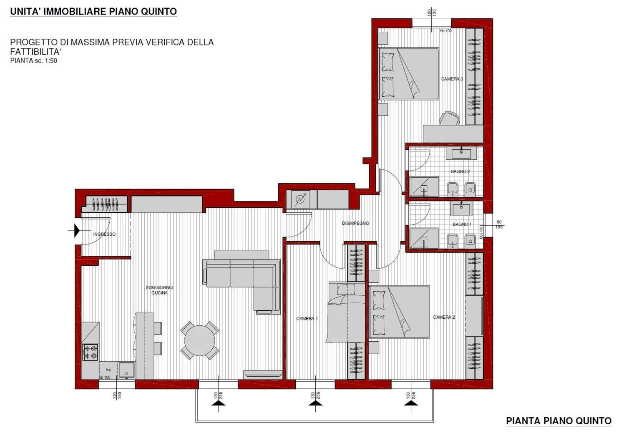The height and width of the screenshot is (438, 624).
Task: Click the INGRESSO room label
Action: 104,234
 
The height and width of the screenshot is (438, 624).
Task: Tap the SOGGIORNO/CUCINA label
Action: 159,290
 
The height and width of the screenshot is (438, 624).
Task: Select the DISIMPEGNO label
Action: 355,223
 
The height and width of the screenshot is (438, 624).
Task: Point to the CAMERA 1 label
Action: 307,318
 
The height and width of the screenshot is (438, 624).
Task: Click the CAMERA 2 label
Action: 444,317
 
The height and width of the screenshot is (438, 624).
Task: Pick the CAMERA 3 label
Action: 452,79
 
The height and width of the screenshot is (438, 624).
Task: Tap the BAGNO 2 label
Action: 460,171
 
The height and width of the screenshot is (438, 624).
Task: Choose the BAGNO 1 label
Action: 462,224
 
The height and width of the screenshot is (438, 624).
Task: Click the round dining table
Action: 199,340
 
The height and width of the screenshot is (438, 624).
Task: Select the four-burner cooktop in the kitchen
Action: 90,352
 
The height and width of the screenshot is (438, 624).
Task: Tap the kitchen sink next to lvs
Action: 127,370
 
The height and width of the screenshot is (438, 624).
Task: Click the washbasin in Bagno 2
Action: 461,153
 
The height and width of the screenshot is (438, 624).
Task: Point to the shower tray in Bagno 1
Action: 424,238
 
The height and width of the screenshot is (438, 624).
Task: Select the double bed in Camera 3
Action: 408,73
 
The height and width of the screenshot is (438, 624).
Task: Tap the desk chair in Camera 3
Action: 449,118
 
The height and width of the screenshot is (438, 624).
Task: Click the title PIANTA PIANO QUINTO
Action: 559,421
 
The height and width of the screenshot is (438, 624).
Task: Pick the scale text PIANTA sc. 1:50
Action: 34,61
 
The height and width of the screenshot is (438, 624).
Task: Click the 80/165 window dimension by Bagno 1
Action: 499,224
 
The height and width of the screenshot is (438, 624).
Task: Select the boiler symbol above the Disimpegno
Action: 301,199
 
